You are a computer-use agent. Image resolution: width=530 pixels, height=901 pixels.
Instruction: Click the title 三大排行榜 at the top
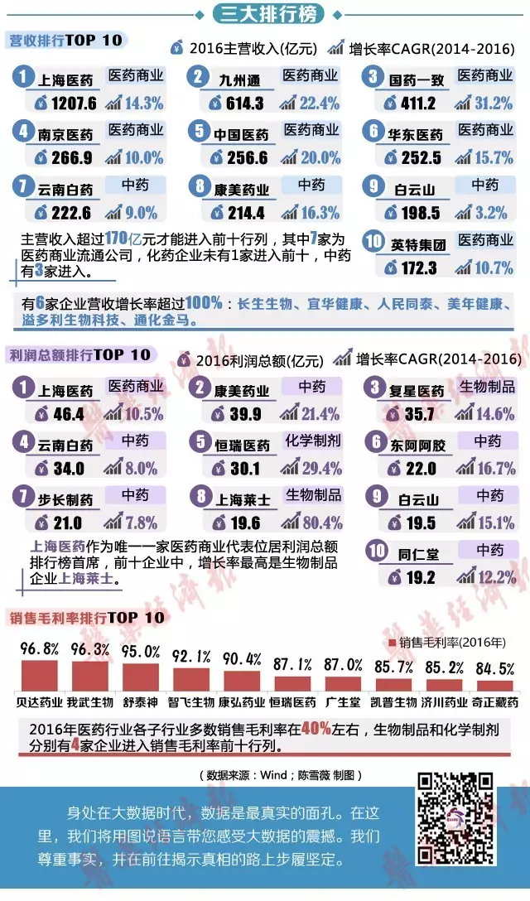(x=264, y=14)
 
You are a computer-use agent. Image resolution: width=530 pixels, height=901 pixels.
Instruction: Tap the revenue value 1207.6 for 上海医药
(x=74, y=104)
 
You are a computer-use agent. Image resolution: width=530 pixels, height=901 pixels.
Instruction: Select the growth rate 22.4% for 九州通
(x=317, y=104)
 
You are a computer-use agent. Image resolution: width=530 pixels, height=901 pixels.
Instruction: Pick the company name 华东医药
(x=417, y=135)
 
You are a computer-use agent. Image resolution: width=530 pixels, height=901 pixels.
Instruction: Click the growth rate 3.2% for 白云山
(x=491, y=213)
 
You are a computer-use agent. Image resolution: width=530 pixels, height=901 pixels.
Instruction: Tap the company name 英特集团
(x=418, y=245)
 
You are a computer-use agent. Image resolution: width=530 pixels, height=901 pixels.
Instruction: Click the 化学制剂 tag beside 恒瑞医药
(x=312, y=441)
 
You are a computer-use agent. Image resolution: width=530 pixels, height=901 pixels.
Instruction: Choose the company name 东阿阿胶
(x=418, y=446)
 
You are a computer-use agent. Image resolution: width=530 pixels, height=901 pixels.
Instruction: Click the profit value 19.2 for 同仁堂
(x=417, y=578)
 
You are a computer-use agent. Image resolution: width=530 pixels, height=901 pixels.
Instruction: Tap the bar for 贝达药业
(x=39, y=675)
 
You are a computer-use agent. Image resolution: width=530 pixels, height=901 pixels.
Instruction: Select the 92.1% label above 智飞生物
(x=191, y=657)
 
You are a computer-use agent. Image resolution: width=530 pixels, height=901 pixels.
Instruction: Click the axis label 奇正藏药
(x=494, y=702)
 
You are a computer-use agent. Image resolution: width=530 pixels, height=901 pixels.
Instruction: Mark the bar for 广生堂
(x=343, y=683)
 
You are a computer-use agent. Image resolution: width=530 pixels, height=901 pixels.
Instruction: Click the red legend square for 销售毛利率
(x=393, y=643)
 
